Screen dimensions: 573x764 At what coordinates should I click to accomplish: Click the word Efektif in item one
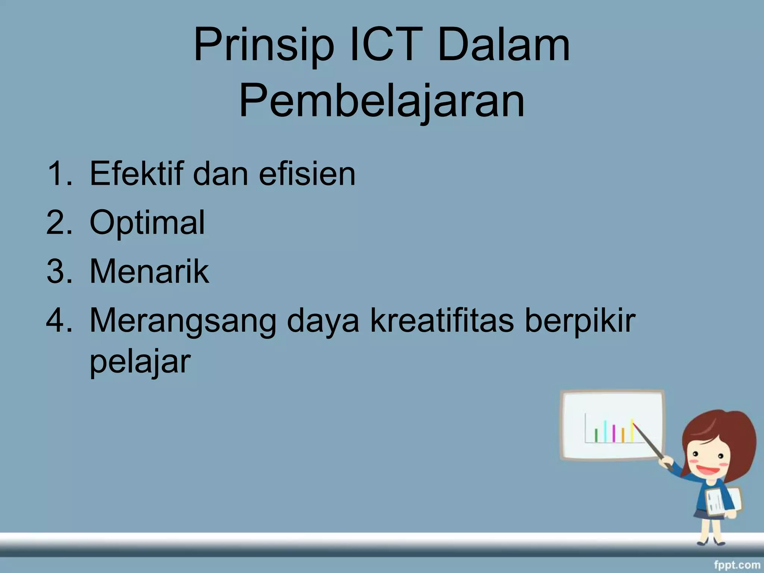pos(137,173)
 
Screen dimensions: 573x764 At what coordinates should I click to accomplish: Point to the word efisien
pos(307,173)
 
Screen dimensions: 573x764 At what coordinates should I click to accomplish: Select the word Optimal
pos(147,223)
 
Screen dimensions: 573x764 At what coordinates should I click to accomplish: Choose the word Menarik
pos(149,271)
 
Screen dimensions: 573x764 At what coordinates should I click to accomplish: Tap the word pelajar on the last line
pos(140,362)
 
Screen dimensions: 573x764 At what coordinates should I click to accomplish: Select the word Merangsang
pos(183,321)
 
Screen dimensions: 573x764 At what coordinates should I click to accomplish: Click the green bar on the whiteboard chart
pos(596,436)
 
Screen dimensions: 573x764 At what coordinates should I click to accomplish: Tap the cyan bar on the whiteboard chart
pos(605,431)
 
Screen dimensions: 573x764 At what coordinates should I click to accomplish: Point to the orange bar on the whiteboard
pos(623,435)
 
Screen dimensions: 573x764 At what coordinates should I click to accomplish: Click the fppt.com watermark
pos(737,565)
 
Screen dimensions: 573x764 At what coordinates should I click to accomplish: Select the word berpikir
pos(580,321)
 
